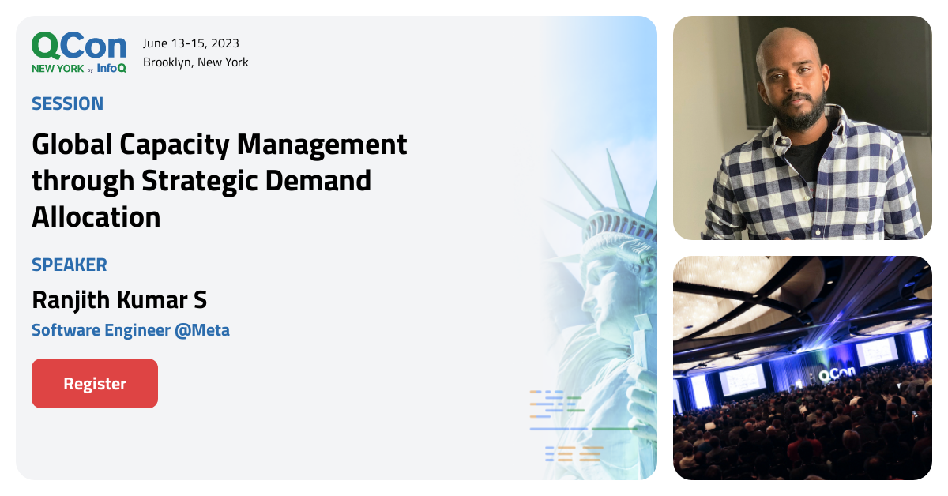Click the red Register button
click(x=95, y=384)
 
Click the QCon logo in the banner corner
click(x=79, y=47)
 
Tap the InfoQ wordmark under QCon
click(x=112, y=69)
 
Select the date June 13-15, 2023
click(x=191, y=43)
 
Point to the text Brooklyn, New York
click(x=196, y=62)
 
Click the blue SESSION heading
click(x=68, y=103)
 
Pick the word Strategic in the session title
click(x=201, y=181)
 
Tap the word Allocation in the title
click(x=96, y=216)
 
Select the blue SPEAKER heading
click(x=70, y=265)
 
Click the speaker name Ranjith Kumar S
click(x=119, y=300)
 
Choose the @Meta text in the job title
click(x=201, y=330)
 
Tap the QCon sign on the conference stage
click(x=836, y=376)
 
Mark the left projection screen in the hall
click(x=743, y=379)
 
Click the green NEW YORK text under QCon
click(x=58, y=69)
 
